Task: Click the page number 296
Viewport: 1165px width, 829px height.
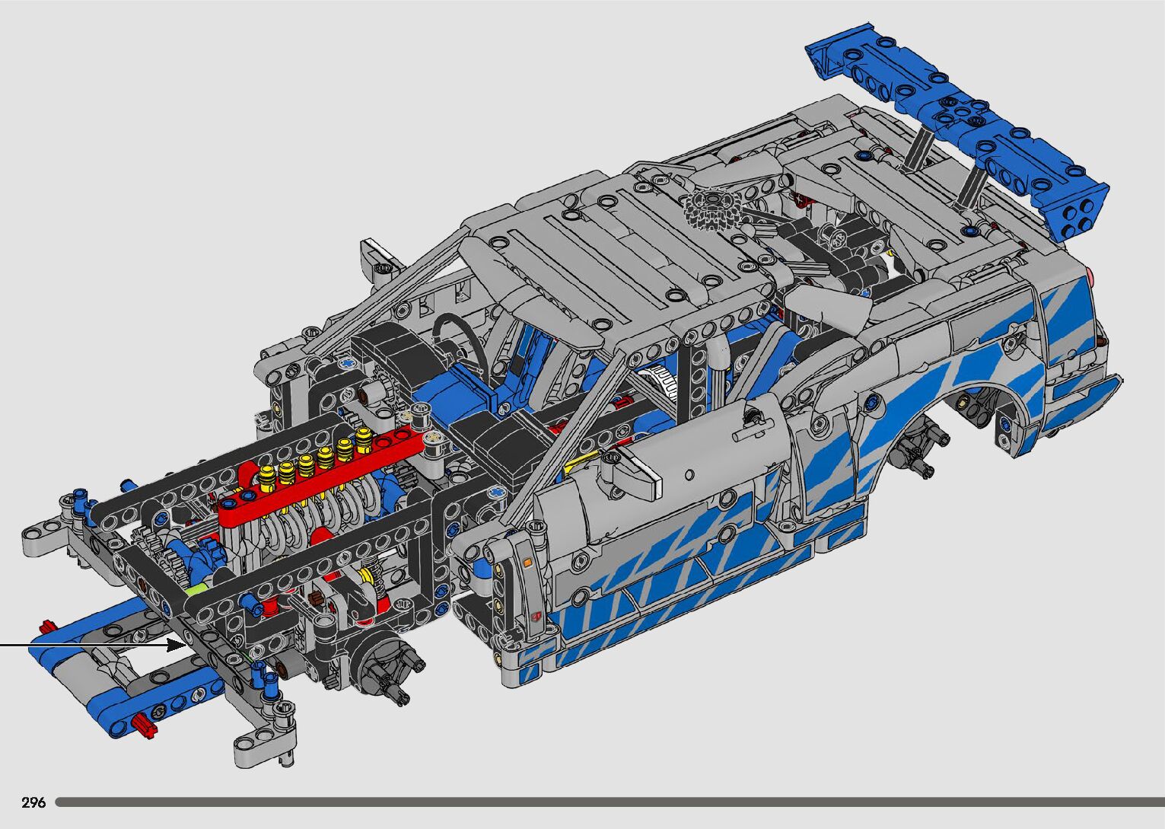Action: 33,802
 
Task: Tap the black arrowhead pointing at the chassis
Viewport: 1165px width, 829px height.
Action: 177,646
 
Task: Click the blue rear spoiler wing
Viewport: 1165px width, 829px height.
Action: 957,131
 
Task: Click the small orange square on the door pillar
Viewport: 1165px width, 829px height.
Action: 527,563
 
